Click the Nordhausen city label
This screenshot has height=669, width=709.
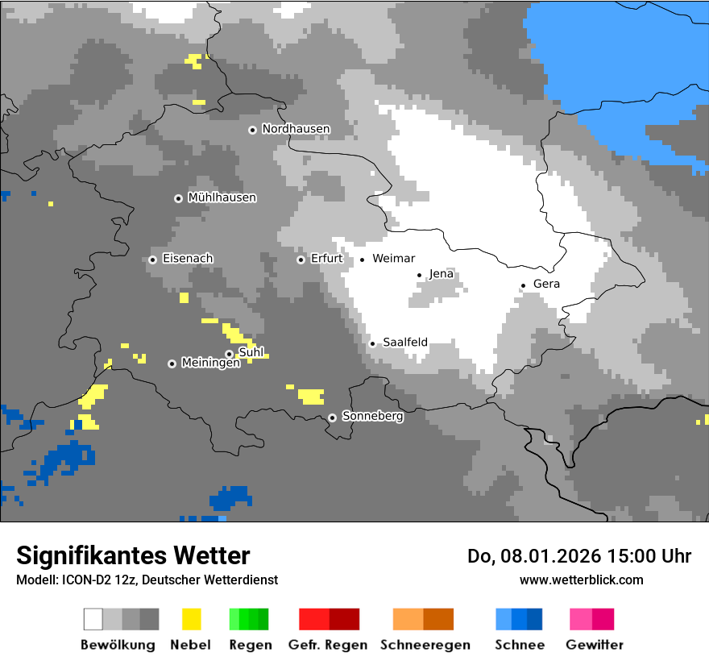click(296, 129)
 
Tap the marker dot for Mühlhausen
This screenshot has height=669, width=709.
click(178, 198)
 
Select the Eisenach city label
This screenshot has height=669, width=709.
click(188, 259)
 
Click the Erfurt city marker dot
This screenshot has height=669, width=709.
click(301, 260)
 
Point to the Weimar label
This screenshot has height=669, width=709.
click(394, 259)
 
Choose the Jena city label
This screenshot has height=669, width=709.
click(442, 274)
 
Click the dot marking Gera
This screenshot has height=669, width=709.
click(523, 285)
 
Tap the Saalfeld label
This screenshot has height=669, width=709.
click(405, 343)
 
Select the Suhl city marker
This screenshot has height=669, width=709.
click(229, 354)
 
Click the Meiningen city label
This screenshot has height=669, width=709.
click(211, 364)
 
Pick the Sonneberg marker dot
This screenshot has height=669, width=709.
click(332, 418)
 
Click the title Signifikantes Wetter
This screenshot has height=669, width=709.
click(133, 555)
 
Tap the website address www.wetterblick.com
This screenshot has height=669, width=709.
click(581, 580)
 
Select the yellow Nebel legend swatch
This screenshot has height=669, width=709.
click(191, 619)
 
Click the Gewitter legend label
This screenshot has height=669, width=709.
click(594, 645)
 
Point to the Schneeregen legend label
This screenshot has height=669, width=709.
click(425, 645)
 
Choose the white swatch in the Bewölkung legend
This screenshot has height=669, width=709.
click(93, 619)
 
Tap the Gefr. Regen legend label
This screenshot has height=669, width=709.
click(328, 645)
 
